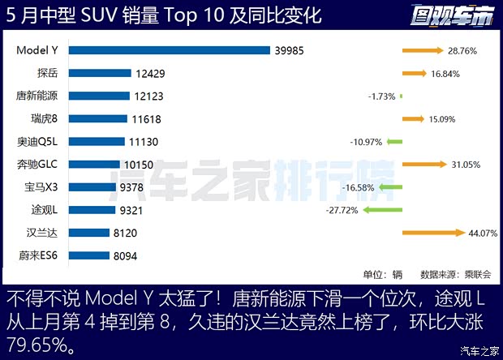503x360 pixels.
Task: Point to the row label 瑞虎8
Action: [x=42, y=119]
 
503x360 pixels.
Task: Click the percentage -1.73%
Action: [x=381, y=96]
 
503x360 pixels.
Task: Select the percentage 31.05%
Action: [x=466, y=165]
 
